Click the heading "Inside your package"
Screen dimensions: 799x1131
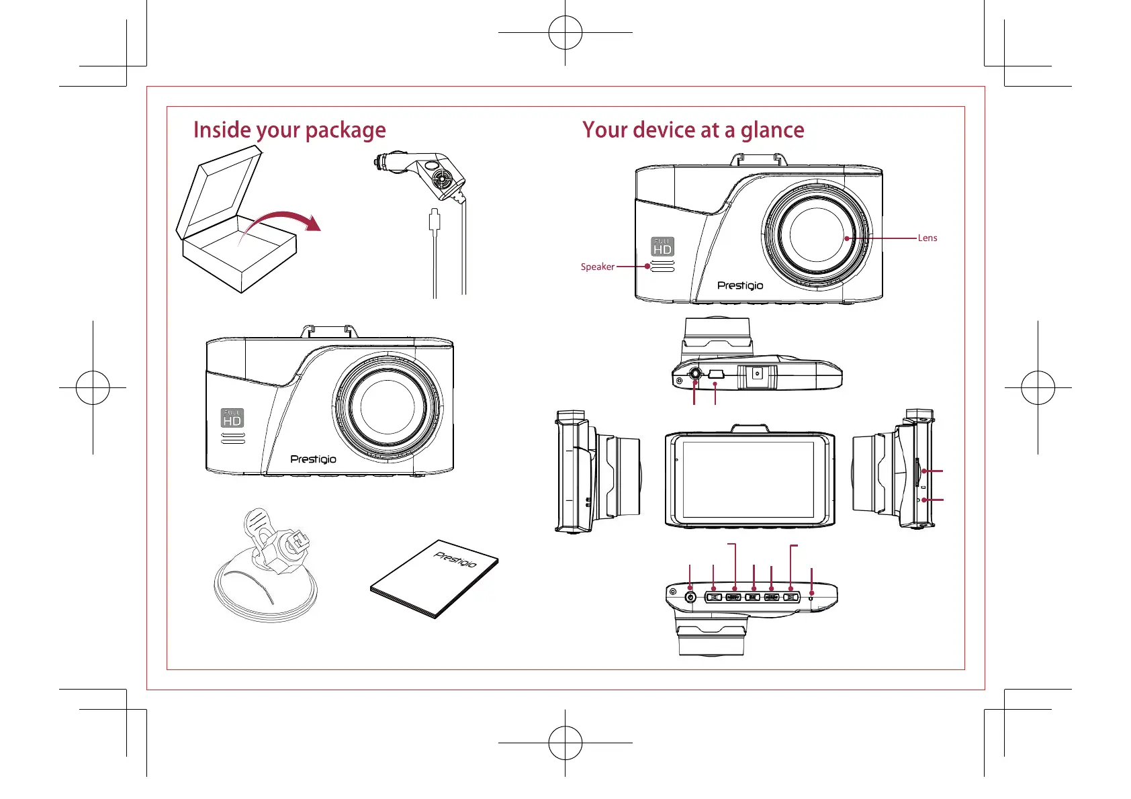(x=289, y=130)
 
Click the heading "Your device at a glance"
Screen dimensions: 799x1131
(x=693, y=130)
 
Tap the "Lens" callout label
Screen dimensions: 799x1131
(x=927, y=238)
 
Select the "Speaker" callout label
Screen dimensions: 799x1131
(x=597, y=267)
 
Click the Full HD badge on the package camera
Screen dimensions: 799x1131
(x=232, y=418)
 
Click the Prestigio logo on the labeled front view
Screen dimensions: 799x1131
(x=740, y=285)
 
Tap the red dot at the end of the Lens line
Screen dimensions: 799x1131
(x=848, y=238)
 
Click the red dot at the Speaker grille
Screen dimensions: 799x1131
(x=647, y=267)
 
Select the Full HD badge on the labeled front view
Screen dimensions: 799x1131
(x=662, y=246)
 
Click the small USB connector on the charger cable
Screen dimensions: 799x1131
(x=435, y=220)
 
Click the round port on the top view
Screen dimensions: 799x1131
(x=695, y=375)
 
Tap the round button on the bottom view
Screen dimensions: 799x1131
(x=690, y=596)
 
